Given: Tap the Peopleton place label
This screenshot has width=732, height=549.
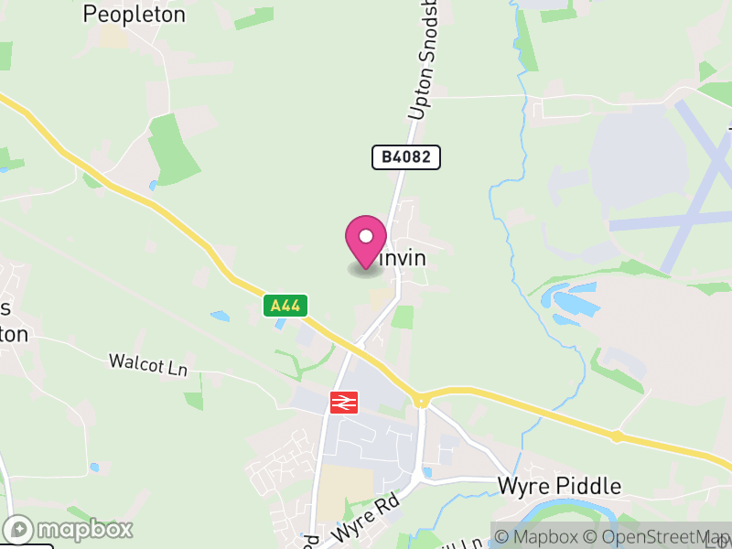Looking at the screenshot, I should [134, 15].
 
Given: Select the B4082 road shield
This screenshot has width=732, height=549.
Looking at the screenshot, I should [406, 157].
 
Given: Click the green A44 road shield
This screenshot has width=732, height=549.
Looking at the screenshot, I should [286, 306].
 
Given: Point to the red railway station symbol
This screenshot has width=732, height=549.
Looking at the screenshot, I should [344, 402].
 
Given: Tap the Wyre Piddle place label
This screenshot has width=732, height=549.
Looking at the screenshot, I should [559, 486].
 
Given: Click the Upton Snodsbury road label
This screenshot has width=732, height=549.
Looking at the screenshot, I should [425, 64].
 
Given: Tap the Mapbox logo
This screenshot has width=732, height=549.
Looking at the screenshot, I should [70, 529].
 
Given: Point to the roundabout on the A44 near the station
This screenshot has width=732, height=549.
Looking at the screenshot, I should [421, 400].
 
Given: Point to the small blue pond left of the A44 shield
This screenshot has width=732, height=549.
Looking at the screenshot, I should [221, 317].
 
